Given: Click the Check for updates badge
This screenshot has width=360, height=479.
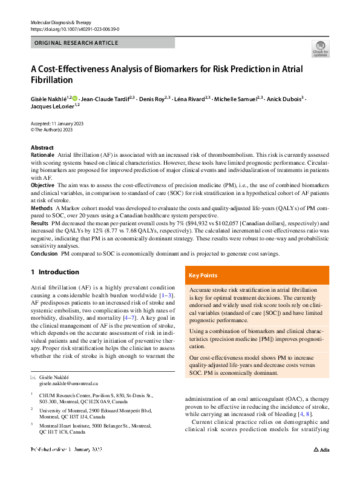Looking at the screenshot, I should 320,49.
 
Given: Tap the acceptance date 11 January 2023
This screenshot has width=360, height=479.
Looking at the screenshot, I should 67,124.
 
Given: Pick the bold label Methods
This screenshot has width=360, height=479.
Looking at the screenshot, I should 42,207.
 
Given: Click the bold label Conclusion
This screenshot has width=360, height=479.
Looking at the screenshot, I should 45,253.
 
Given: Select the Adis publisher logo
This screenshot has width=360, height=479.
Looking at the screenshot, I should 322,467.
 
